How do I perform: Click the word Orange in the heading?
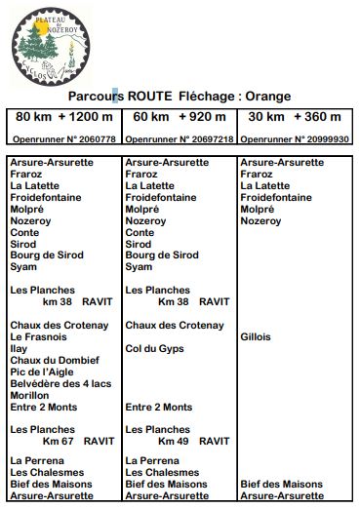pyautogui.click(x=266, y=97)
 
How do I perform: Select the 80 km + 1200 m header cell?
pyautogui.click(x=62, y=117)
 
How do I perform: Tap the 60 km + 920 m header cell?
pyautogui.click(x=179, y=117)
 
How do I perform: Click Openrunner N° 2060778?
pyautogui.click(x=62, y=139)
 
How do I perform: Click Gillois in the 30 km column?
pyautogui.click(x=257, y=337)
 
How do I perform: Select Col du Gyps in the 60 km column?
pyautogui.click(x=155, y=348)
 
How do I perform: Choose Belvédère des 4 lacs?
pyautogui.click(x=60, y=383)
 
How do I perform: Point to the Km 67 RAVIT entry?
pyautogui.click(x=71, y=441)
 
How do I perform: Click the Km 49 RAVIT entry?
pyautogui.click(x=186, y=441)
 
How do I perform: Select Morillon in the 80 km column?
pyautogui.click(x=29, y=395)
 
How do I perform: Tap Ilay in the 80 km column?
pyautogui.click(x=19, y=348)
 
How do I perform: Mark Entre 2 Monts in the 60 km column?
pyautogui.click(x=159, y=407)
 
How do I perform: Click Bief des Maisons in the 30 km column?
pyautogui.click(x=281, y=484)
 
